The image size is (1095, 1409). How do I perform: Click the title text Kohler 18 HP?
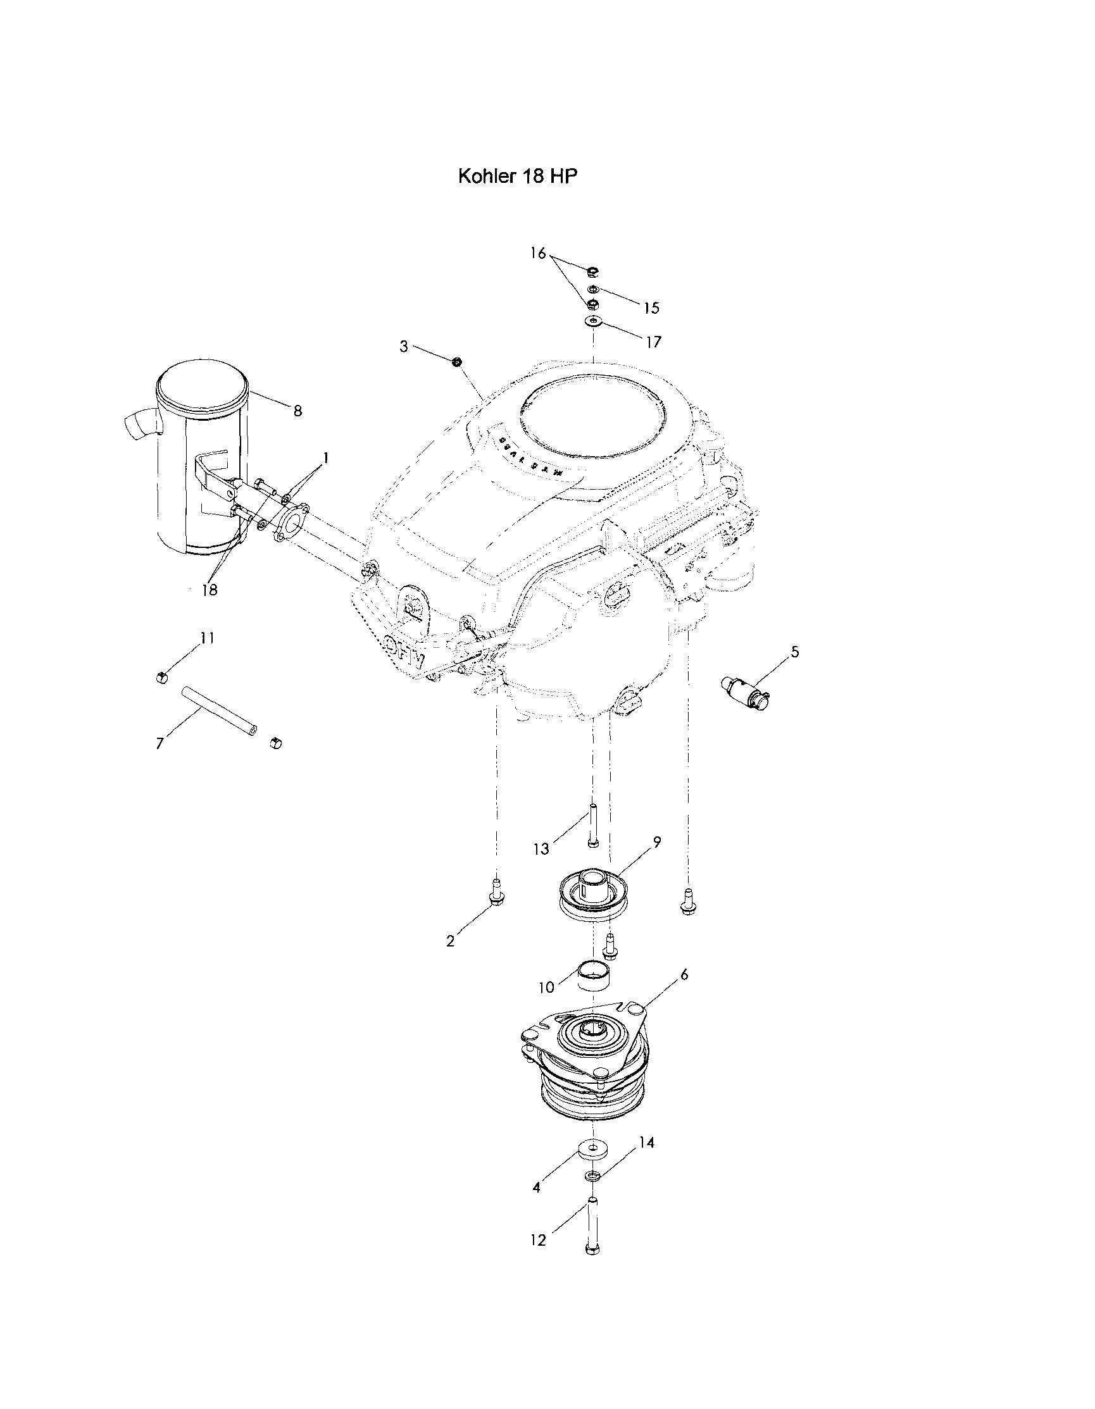[x=518, y=177]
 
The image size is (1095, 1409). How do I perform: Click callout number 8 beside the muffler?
[x=297, y=411]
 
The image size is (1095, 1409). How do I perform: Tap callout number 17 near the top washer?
[x=654, y=342]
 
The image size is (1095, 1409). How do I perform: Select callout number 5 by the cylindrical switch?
[x=795, y=652]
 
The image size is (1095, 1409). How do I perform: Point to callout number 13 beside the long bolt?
[x=541, y=849]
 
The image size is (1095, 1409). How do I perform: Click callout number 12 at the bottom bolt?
[x=537, y=1240]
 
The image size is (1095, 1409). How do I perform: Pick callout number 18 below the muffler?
[x=210, y=590]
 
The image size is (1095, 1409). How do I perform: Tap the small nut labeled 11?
[x=162, y=676]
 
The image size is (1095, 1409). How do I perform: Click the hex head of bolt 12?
[x=592, y=1249]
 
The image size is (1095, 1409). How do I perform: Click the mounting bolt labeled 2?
[x=496, y=898]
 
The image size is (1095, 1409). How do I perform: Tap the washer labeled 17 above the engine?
[x=592, y=321]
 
